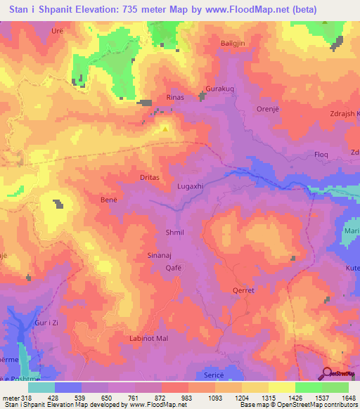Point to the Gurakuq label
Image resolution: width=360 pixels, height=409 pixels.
tap(217, 91)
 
